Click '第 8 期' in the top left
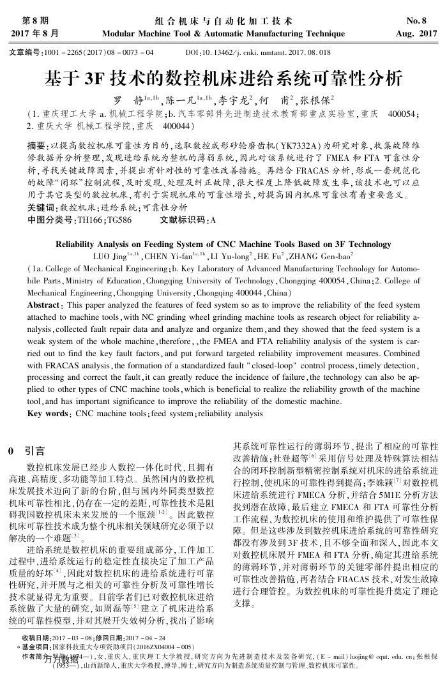click(x=35, y=20)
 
